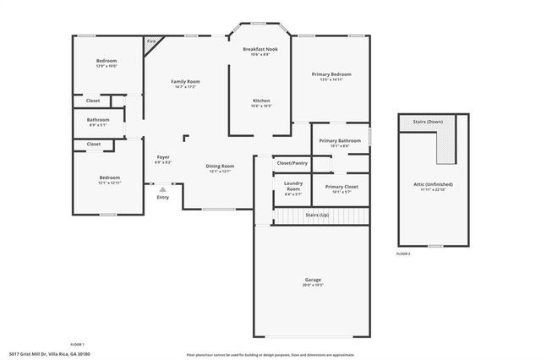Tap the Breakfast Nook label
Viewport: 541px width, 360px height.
point(260,49)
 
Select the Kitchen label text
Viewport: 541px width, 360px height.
point(261,101)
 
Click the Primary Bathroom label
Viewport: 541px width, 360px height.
point(340,140)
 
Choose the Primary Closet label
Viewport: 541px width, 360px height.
point(342,186)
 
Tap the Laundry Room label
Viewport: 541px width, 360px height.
point(293,185)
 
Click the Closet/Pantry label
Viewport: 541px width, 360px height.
point(292,162)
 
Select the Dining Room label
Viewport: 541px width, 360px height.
point(220,166)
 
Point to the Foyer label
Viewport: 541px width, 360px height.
point(163,157)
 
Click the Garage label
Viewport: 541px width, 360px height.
point(313,280)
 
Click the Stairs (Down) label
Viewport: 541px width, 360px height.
point(428,122)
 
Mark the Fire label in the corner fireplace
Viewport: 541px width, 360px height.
point(151,41)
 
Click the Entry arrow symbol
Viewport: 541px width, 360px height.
point(162,189)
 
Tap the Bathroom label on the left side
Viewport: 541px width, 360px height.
point(98,120)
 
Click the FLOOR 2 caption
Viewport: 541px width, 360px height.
point(403,254)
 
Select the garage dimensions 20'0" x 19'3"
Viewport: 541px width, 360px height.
point(313,286)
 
